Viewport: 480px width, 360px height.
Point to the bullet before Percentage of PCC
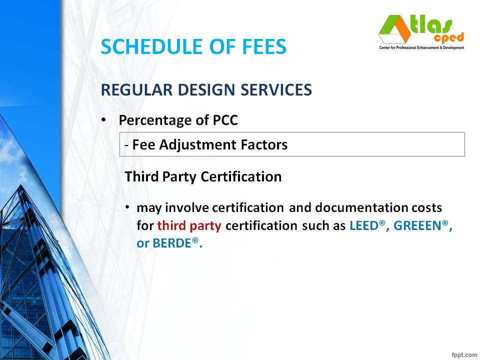(x=103, y=120)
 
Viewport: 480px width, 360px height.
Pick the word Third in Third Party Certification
(x=140, y=176)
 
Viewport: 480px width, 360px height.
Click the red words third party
(x=189, y=225)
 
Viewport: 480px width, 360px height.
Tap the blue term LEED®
(x=367, y=225)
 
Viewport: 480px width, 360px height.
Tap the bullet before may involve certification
(x=128, y=206)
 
